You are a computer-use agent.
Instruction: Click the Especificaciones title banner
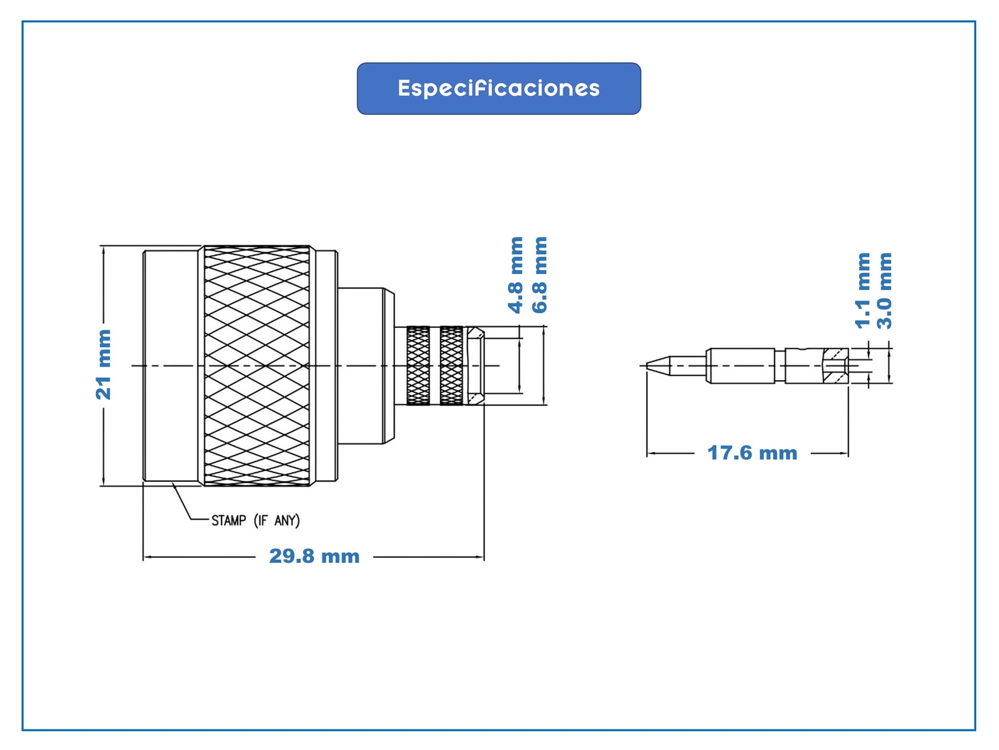(498, 88)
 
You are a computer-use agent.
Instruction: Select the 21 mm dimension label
(104, 364)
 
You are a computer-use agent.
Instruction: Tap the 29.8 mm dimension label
(314, 556)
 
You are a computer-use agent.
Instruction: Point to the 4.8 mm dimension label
(516, 275)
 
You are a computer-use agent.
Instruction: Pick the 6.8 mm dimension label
(539, 275)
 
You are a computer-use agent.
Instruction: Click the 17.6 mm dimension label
(752, 453)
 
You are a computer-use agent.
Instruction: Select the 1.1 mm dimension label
(862, 290)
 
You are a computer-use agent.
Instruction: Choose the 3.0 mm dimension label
(885, 290)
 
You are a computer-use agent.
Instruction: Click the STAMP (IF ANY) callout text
(255, 521)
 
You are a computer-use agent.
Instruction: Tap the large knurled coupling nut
(257, 366)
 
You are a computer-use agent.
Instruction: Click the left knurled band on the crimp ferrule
(418, 365)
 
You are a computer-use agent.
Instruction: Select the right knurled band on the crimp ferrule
(451, 365)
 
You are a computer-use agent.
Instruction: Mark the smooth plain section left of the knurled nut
(171, 366)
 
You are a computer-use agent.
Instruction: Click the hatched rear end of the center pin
(835, 365)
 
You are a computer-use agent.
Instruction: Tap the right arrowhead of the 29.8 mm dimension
(480, 557)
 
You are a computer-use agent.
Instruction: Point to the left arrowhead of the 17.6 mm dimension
(651, 454)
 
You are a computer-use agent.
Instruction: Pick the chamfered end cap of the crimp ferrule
(475, 365)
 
